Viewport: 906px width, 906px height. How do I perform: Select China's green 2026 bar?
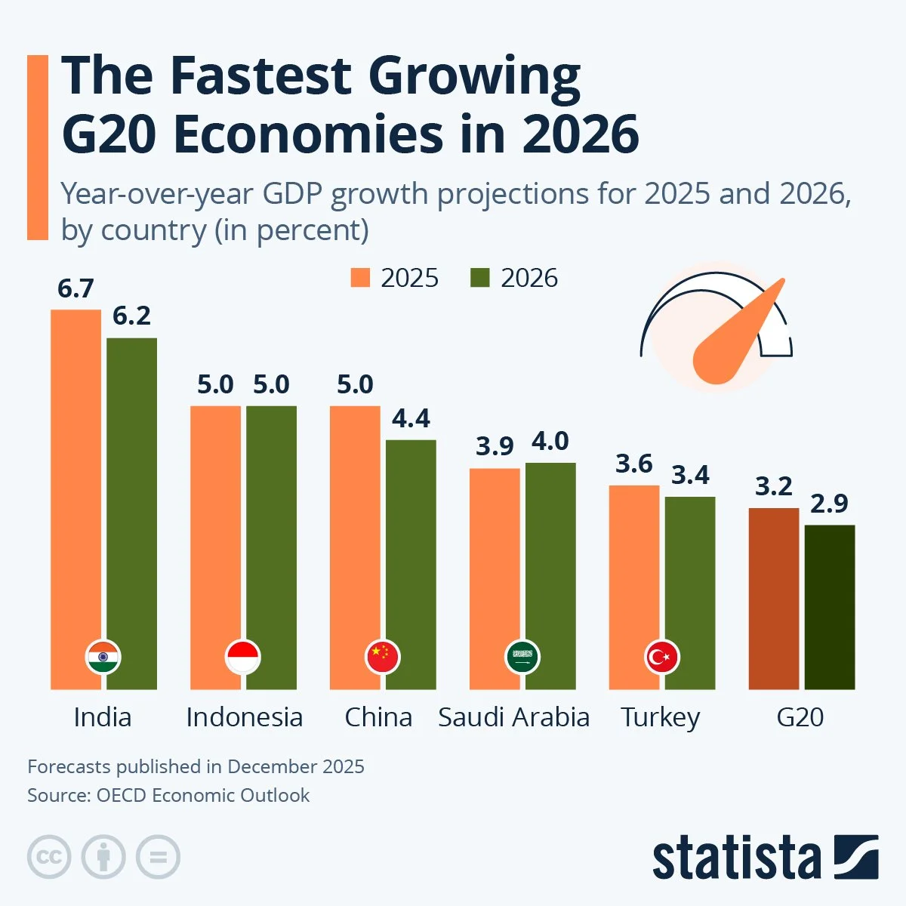411,559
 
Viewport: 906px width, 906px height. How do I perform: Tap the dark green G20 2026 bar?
829,604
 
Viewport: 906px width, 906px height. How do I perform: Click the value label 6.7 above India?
75,288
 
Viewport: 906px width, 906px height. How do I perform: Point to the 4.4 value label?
411,418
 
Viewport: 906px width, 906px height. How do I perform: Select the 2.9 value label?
829,504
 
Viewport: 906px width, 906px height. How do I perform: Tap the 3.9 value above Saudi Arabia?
495,446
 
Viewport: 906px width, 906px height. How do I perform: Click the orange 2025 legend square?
361,278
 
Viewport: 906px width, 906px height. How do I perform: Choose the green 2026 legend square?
480,278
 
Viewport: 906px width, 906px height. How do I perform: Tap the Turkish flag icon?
662,658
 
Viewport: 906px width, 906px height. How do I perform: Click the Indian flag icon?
103,658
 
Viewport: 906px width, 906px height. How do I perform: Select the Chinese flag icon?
383,658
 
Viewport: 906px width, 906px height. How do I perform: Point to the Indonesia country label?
244,717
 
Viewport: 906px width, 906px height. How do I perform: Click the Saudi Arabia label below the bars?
513,717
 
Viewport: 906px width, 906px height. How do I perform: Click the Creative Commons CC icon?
49,858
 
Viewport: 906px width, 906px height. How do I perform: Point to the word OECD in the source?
120,795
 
